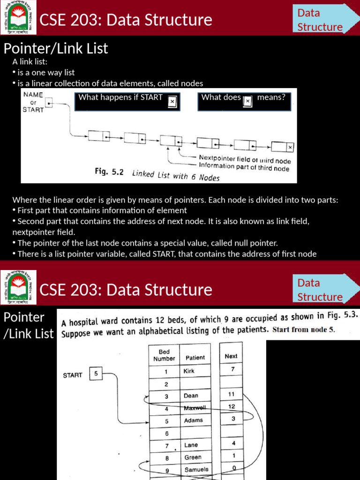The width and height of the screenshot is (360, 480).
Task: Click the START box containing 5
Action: click(x=96, y=374)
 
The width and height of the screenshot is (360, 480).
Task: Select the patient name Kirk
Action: click(x=189, y=371)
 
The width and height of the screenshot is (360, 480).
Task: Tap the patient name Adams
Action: click(x=193, y=420)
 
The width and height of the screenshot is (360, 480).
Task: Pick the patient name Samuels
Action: click(x=196, y=469)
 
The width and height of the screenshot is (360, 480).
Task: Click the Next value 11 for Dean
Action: click(x=231, y=394)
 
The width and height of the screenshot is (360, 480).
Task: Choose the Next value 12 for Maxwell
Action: click(x=231, y=406)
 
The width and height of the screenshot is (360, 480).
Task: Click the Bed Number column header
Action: click(x=164, y=355)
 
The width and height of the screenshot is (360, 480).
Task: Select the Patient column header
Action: click(x=195, y=357)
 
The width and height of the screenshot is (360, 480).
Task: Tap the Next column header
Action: click(x=231, y=356)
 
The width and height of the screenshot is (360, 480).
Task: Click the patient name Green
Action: click(x=193, y=457)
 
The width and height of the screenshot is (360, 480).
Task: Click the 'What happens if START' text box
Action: click(x=127, y=101)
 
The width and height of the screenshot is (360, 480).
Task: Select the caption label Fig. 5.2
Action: click(x=109, y=172)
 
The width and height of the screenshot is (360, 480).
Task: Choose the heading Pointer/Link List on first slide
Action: click(x=56, y=48)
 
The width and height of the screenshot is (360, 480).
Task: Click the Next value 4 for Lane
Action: click(x=233, y=442)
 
